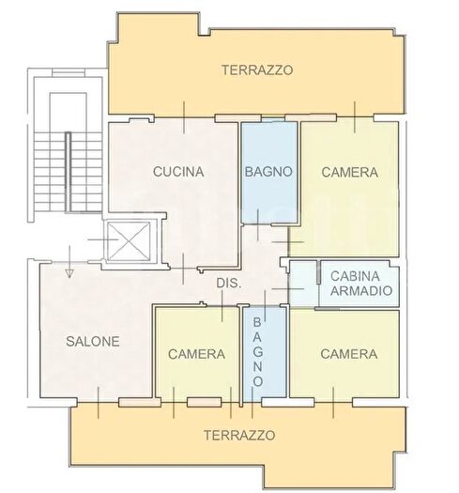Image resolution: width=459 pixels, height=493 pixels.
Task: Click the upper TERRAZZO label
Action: click(x=257, y=69)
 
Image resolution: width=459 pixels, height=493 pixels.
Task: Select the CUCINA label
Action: click(x=179, y=172)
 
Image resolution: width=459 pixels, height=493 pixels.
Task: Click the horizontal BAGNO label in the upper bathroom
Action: click(x=269, y=173)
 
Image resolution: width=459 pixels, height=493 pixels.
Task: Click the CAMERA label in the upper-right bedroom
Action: click(x=349, y=173)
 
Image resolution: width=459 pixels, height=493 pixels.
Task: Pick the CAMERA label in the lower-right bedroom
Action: click(x=348, y=354)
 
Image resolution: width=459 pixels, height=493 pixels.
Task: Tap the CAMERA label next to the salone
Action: click(x=196, y=354)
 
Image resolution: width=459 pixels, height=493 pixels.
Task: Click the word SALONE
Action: click(x=92, y=342)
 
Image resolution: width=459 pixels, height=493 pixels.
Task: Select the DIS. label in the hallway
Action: click(x=229, y=283)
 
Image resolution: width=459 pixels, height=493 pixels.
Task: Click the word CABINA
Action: click(x=355, y=275)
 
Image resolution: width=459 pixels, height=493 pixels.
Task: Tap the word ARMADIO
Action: click(x=355, y=290)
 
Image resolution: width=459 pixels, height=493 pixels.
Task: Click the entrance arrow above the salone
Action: click(x=69, y=269)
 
